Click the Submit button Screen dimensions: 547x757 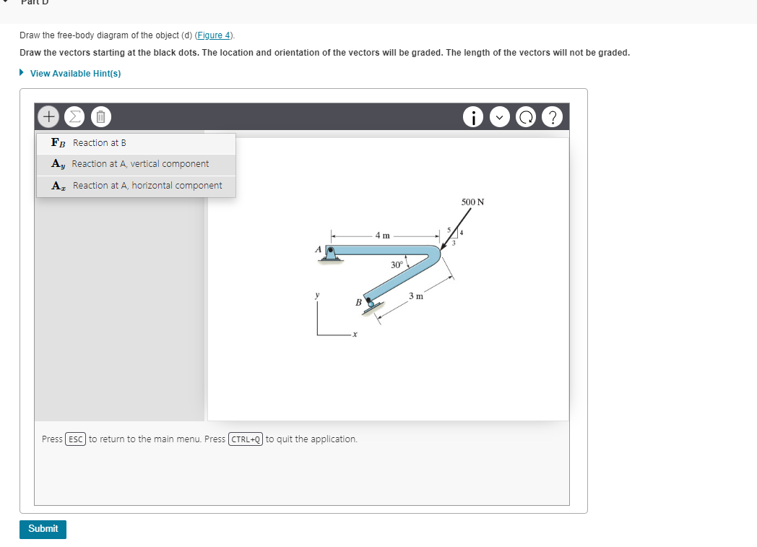pos(43,529)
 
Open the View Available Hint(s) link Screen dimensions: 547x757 pos(75,74)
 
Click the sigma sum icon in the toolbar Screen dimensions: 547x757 pos(75,116)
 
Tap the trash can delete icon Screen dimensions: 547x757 pos(101,116)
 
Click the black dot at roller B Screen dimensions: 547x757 pos(368,299)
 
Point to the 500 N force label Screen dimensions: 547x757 pos(472,202)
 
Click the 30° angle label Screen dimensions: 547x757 pos(397,264)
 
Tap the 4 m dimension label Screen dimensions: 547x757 pos(382,235)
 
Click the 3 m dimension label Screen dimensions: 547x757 pos(415,296)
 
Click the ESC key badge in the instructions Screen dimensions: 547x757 pos(76,439)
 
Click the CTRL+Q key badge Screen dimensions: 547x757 pos(246,439)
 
